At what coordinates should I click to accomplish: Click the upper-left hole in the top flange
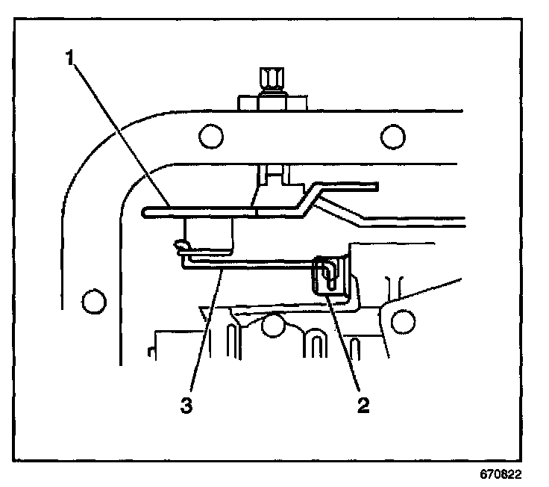coord(210,134)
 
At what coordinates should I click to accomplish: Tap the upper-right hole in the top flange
coord(391,134)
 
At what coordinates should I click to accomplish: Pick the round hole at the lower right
coord(403,320)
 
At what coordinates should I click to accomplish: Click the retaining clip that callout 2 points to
coord(329,275)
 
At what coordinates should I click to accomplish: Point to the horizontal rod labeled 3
coord(254,263)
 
